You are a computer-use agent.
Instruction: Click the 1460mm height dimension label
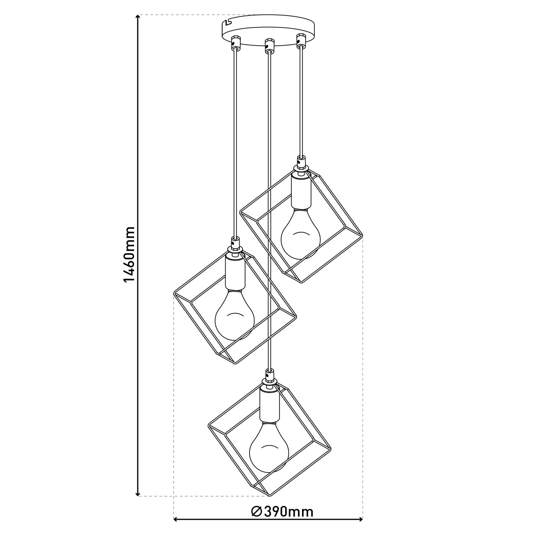pyautogui.click(x=129, y=255)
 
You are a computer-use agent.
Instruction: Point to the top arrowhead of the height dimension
pyautogui.click(x=138, y=17)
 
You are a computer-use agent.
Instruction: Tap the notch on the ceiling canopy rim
pyautogui.click(x=228, y=22)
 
